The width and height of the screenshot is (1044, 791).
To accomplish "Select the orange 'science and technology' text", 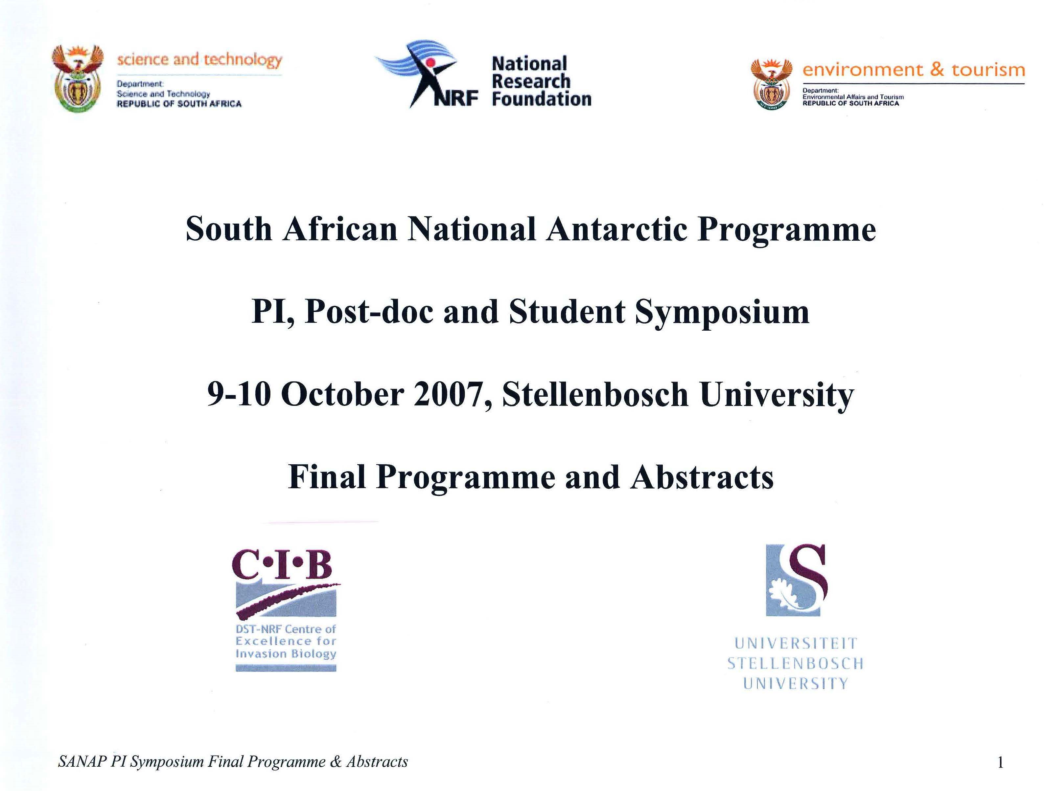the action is click(199, 60).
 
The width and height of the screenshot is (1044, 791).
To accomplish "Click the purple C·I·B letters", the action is click(282, 565).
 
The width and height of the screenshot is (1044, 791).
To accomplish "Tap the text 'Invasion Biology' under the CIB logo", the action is click(286, 654).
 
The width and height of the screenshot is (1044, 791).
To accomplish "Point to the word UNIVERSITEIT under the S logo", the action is click(796, 643).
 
